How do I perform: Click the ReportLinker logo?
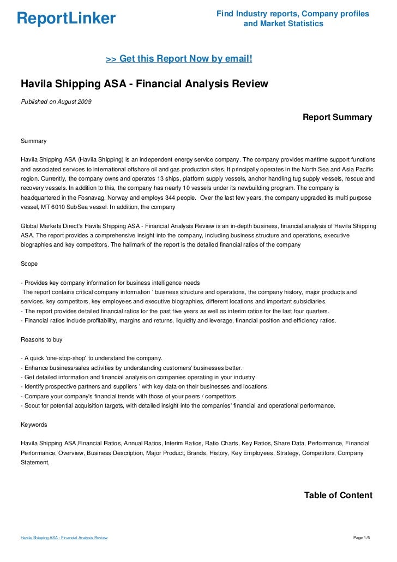pyautogui.click(x=66, y=19)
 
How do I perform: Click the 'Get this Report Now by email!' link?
pyautogui.click(x=179, y=58)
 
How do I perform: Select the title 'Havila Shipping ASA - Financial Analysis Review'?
pyautogui.click(x=145, y=84)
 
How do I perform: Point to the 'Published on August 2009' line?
pyautogui.click(x=56, y=101)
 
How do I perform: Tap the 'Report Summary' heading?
pyautogui.click(x=337, y=117)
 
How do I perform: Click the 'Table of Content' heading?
pyautogui.click(x=338, y=495)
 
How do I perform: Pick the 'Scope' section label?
pyautogui.click(x=29, y=264)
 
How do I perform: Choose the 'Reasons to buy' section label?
pyautogui.click(x=41, y=339)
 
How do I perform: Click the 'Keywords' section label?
pyautogui.click(x=34, y=424)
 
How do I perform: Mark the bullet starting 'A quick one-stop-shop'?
pyautogui.click(x=91, y=358)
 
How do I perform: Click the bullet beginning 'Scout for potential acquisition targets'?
pyautogui.click(x=178, y=405)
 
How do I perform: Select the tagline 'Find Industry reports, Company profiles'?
pyautogui.click(x=293, y=14)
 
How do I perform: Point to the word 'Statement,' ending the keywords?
pyautogui.click(x=35, y=462)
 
